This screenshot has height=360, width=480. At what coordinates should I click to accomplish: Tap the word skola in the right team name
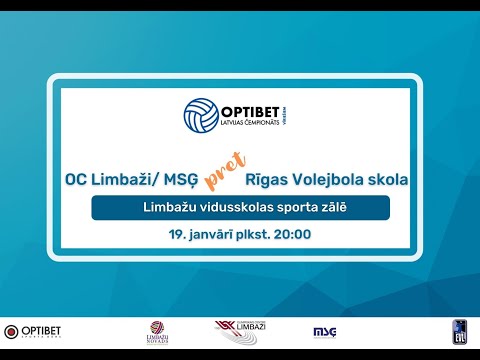point(388,180)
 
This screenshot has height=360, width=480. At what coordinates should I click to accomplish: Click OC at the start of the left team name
point(75,180)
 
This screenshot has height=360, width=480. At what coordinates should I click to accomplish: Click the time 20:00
point(292,235)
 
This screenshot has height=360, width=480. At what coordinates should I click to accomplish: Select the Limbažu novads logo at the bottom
point(156,332)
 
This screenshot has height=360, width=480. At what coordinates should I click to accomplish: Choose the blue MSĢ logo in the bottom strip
point(324,331)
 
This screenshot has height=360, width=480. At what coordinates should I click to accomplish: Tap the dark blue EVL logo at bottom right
point(459,331)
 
